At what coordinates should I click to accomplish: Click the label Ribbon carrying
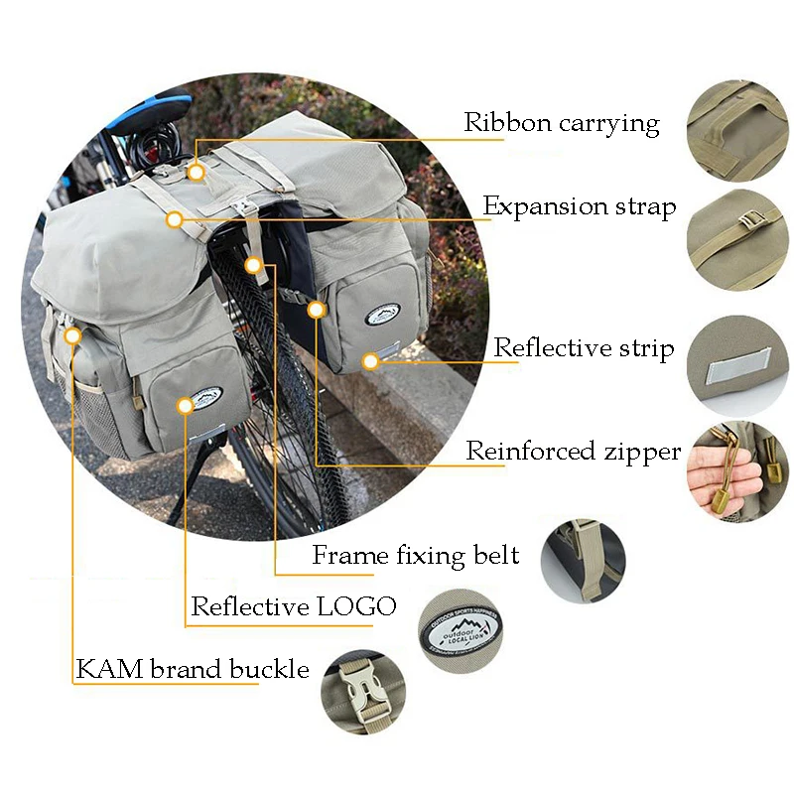point(562,123)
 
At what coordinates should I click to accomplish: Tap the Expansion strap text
point(580,206)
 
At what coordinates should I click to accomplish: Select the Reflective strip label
point(584,348)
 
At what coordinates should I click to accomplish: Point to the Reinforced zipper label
point(574,452)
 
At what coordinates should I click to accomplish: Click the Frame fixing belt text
point(415,555)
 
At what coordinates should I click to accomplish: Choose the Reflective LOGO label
point(293,606)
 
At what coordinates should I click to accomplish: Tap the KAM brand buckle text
point(193,668)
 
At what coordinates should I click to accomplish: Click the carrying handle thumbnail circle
point(737,130)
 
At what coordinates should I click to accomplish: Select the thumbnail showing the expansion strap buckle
point(737,239)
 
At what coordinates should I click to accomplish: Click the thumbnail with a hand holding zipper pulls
point(737,472)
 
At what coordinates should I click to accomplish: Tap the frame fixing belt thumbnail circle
point(584,561)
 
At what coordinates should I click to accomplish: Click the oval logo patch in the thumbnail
point(460,629)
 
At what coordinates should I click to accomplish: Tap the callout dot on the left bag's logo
point(186,406)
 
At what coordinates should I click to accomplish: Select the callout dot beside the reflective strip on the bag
point(370,361)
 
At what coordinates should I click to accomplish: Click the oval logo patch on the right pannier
point(382,314)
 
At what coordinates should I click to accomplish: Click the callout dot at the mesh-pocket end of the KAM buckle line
point(73,335)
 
